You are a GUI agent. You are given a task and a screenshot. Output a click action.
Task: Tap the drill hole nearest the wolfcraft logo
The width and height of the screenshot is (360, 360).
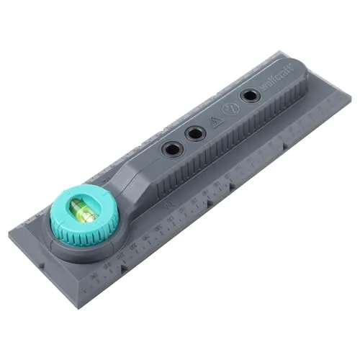pyautogui.click(x=250, y=95)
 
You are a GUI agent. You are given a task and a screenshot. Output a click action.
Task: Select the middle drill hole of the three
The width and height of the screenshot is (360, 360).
pyautogui.click(x=194, y=133)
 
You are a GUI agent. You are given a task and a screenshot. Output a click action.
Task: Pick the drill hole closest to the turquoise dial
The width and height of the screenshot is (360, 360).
pyautogui.click(x=172, y=148)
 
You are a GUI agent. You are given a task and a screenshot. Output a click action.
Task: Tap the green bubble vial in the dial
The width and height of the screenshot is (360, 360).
pyautogui.click(x=82, y=211)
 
